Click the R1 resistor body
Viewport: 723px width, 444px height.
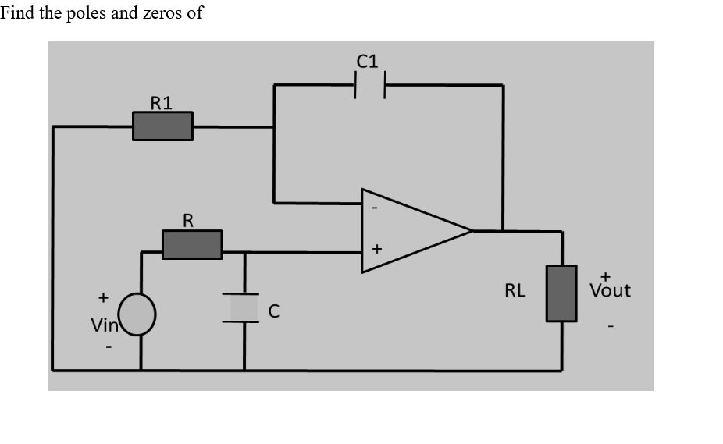point(162,126)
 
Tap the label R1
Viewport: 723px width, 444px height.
point(162,101)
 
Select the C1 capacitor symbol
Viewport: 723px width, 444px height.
point(369,85)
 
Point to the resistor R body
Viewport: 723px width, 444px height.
point(192,244)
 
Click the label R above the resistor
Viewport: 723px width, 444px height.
point(188,221)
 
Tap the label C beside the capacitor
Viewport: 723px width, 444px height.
point(273,311)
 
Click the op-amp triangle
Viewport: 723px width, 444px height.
point(410,231)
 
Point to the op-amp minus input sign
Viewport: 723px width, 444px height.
point(375,208)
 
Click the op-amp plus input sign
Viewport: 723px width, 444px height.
point(376,250)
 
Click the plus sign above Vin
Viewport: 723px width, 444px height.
point(102,297)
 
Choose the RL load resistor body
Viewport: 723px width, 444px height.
point(561,293)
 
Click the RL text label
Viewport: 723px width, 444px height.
point(515,291)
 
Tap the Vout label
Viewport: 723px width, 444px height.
point(610,290)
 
